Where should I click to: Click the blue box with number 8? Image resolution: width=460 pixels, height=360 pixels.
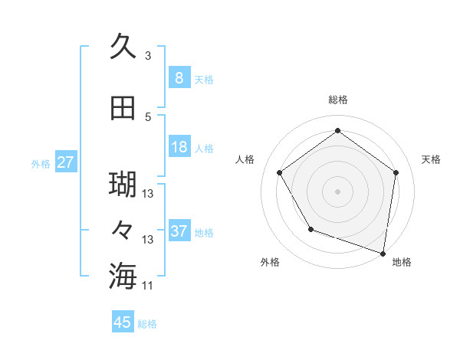point(179,77)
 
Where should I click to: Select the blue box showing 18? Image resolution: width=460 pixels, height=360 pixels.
point(179,147)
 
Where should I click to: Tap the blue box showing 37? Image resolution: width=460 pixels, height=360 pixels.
point(179,231)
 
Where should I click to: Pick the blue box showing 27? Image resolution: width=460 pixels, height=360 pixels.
point(65,162)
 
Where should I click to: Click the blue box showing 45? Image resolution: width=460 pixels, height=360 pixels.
point(123,322)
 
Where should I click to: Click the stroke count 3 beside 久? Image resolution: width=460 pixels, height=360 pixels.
point(148,55)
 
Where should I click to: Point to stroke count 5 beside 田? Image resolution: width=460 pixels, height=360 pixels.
point(148,116)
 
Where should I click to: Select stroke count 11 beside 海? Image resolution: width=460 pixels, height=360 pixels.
point(148,285)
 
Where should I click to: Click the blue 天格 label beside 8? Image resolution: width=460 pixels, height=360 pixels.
point(203,79)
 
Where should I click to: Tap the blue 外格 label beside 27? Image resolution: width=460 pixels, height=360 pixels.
point(41,163)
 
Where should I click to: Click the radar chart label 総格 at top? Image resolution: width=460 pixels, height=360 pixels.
point(337,100)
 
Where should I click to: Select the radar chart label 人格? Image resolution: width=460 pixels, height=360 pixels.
point(245,159)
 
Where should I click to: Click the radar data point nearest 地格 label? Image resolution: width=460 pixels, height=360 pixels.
point(383,253)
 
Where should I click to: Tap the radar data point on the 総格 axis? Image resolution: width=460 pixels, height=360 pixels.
point(337,131)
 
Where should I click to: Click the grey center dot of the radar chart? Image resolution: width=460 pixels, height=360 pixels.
point(337,190)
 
